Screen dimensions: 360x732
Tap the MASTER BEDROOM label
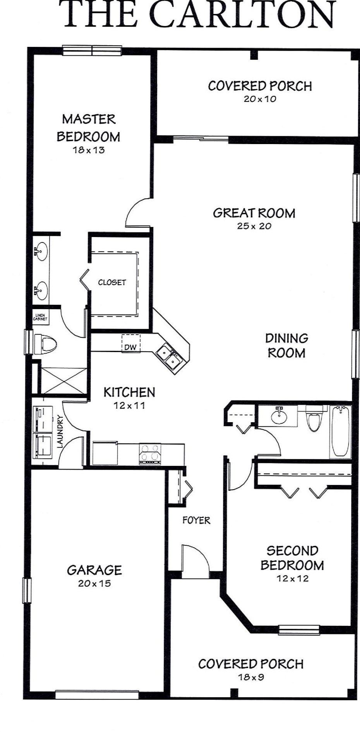point(89,128)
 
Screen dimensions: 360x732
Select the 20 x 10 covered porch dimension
point(260,99)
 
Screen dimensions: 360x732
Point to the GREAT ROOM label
point(254,213)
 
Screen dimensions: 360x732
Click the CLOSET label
point(112,282)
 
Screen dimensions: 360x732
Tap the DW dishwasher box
point(131,343)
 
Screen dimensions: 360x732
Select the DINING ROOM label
point(286,345)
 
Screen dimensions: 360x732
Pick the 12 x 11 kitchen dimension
point(129,406)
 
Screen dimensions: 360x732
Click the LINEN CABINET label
point(40,317)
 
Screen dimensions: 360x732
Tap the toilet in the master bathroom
point(46,344)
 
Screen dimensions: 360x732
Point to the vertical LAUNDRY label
point(60,431)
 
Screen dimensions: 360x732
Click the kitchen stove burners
point(150,454)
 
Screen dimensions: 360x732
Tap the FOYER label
point(196,520)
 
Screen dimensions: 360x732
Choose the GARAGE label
point(94,570)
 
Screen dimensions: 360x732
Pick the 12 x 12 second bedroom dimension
point(293,579)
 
